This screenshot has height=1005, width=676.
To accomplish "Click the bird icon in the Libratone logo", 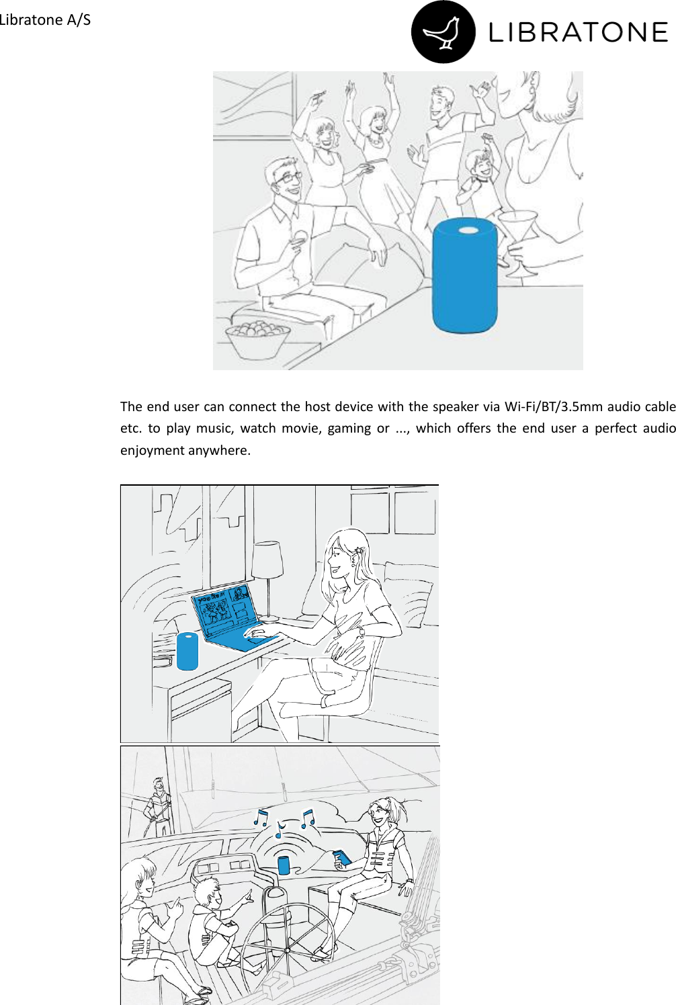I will tap(443, 32).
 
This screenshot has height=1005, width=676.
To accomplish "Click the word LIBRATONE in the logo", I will tap(578, 32).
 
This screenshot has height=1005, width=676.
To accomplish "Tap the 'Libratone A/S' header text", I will tap(45, 19).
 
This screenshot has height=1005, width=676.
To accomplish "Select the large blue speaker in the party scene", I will tap(464, 275).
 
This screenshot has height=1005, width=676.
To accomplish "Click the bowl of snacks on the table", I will tap(257, 340).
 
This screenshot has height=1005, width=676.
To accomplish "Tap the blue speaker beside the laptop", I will tap(187, 651).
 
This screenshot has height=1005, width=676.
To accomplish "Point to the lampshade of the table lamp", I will tap(267, 560).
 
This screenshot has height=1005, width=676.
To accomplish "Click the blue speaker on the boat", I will tap(284, 865).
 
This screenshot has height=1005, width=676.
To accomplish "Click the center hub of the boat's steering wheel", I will tap(287, 951).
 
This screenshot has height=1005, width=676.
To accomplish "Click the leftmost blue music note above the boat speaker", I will tap(261, 818).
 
